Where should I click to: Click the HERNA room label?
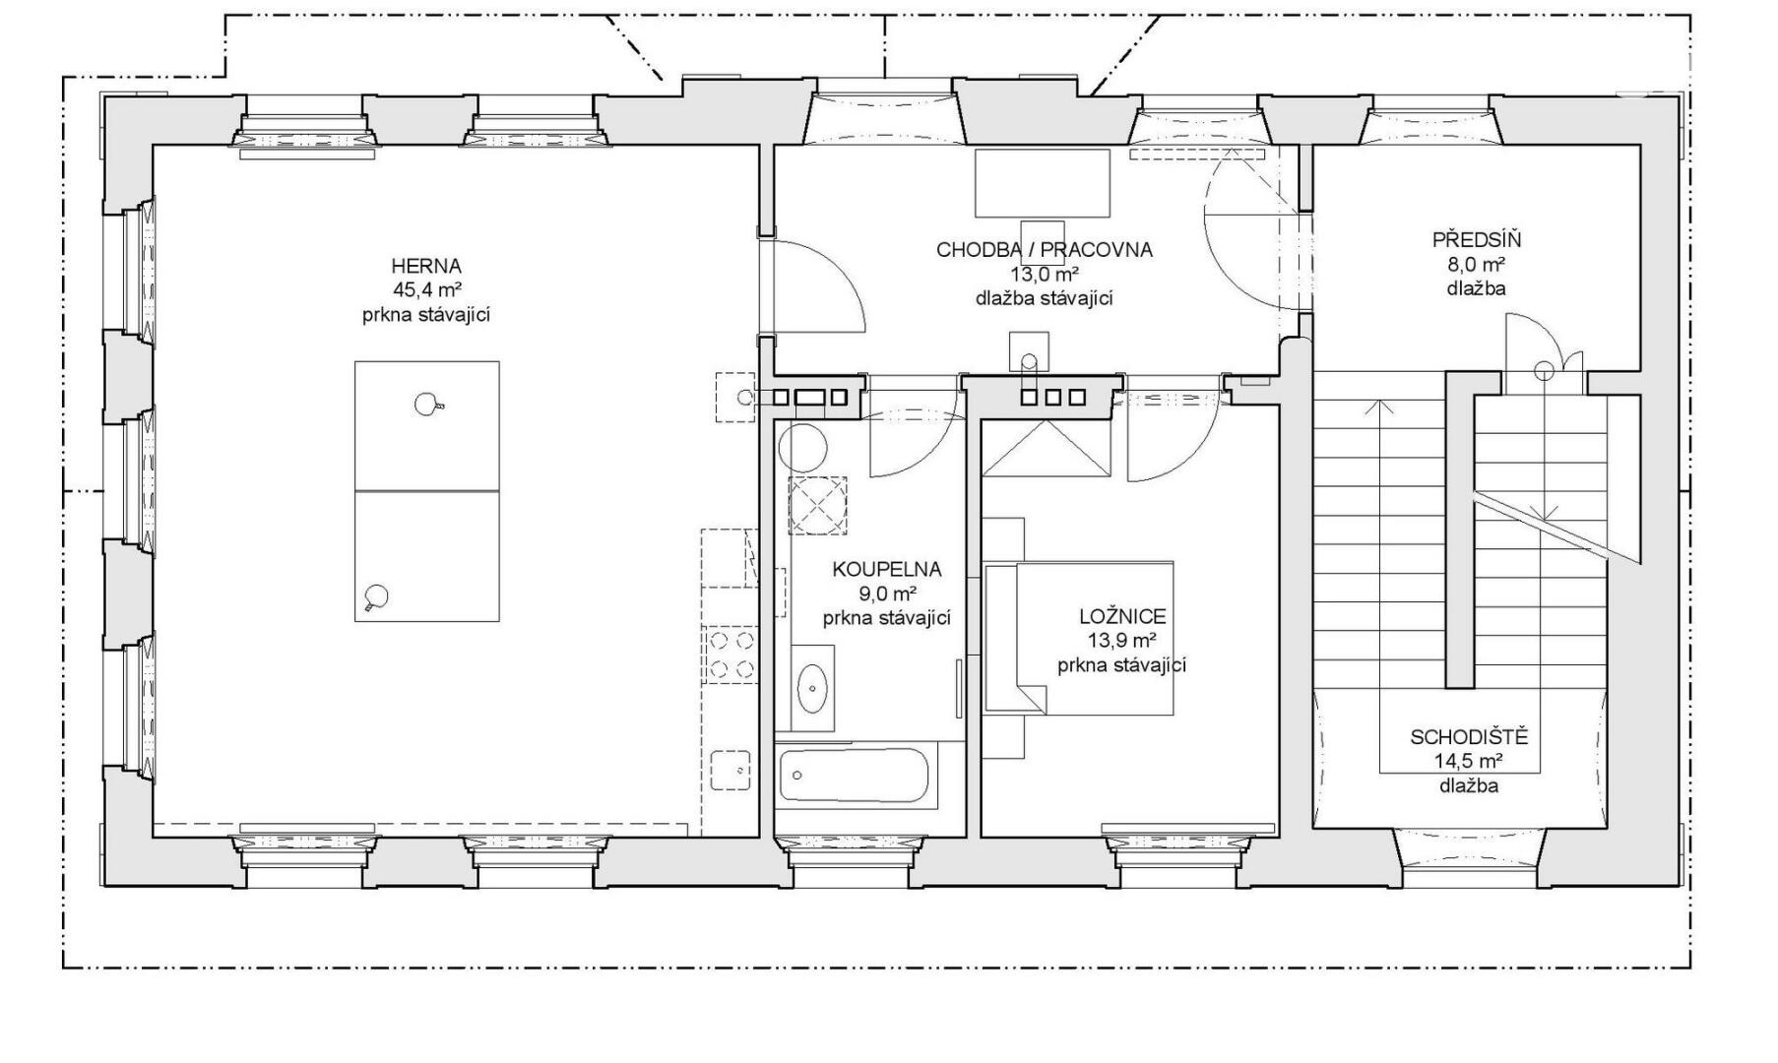(x=425, y=266)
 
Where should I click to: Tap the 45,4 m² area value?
(x=427, y=290)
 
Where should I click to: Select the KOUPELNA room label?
(x=886, y=569)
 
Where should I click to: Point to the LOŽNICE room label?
(x=1122, y=617)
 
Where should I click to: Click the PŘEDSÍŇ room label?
(x=1477, y=239)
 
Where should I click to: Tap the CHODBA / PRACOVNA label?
(x=1044, y=250)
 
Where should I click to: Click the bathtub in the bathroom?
(x=854, y=775)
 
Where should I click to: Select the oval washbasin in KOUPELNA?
(x=812, y=688)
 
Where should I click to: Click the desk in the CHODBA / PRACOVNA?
(x=1043, y=183)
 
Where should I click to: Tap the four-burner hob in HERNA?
(x=730, y=656)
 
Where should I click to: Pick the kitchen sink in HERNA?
(x=730, y=770)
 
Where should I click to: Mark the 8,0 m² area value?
(x=1476, y=265)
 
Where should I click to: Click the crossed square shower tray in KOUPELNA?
(x=817, y=505)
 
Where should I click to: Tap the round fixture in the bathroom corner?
(x=802, y=448)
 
